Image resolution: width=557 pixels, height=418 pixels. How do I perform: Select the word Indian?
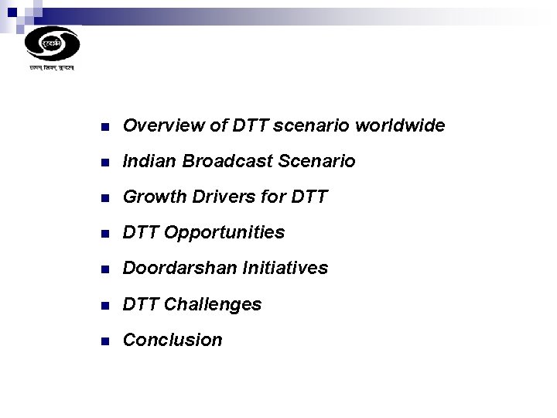pyautogui.click(x=148, y=161)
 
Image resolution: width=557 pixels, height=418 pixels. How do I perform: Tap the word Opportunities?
pyautogui.click(x=225, y=232)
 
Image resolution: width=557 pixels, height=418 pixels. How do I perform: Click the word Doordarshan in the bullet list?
pyautogui.click(x=179, y=268)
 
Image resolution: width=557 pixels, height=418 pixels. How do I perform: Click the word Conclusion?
pyautogui.click(x=173, y=340)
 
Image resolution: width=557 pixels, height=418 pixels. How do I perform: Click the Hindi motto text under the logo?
pyautogui.click(x=52, y=69)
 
